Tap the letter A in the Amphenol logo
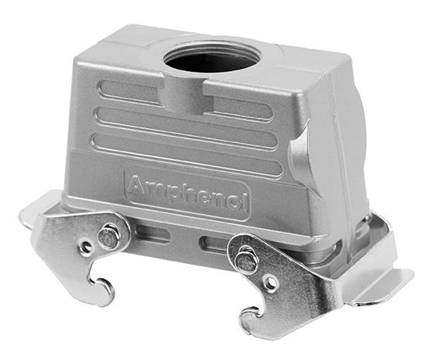(137, 185)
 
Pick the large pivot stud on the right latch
(247, 262)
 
